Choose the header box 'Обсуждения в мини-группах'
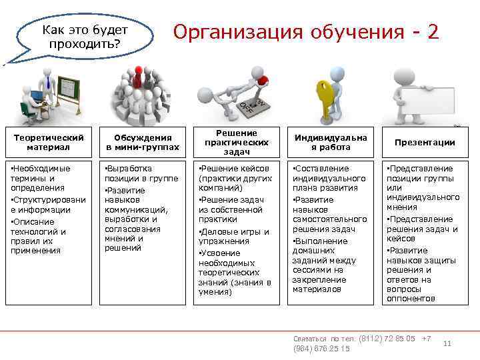pos(142,142)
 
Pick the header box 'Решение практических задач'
pos(236,142)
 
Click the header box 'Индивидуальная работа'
pos(331,142)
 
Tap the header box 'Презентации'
pos(425,142)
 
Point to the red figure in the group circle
pos(139,72)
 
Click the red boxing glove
pos(262,81)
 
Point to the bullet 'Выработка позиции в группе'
pos(141,173)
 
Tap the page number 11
pos(448,343)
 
